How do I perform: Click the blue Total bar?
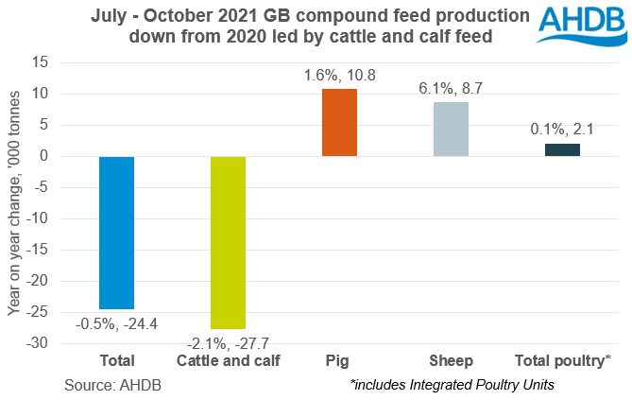tap(117, 233)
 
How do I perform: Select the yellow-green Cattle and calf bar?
tap(228, 242)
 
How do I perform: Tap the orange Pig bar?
tap(340, 122)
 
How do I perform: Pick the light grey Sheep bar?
tap(451, 129)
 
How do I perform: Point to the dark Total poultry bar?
tap(562, 149)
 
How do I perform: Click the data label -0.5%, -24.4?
tap(117, 322)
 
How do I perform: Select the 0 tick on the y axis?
tap(43, 156)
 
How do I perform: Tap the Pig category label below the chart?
tap(340, 360)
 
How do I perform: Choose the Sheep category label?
tap(451, 360)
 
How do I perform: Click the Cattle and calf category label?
tap(228, 360)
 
